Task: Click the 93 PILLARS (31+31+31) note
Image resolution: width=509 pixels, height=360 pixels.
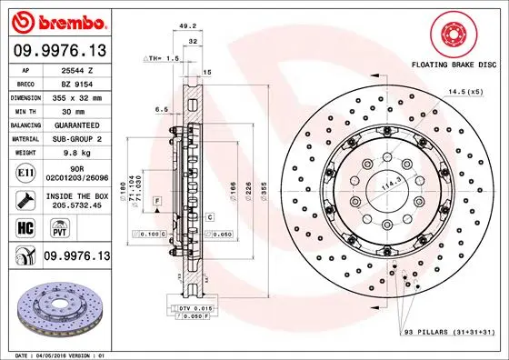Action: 447,334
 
